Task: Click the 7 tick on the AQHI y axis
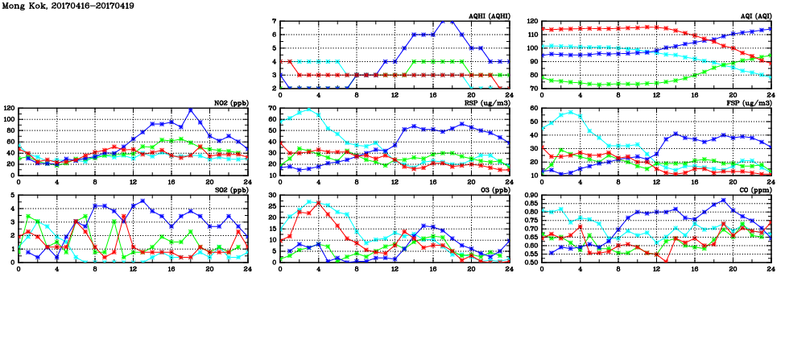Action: click(x=274, y=21)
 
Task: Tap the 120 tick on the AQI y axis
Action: click(x=531, y=21)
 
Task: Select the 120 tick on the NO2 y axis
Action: click(x=9, y=108)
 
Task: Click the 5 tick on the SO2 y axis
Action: click(x=12, y=195)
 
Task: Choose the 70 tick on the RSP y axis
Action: click(x=271, y=108)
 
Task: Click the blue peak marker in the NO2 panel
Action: click(x=191, y=110)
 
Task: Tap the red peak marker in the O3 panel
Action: click(x=319, y=203)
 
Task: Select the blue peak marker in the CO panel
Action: click(x=723, y=201)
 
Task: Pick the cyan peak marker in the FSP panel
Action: click(x=571, y=113)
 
